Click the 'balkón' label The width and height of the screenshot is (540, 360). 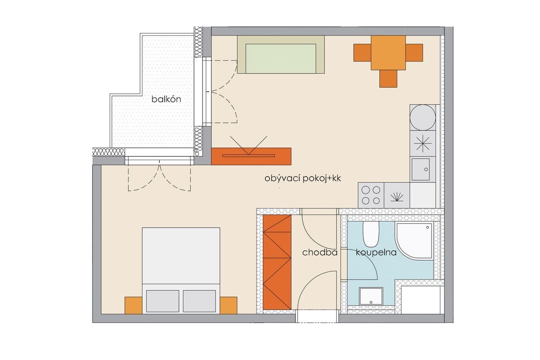click(x=166, y=99)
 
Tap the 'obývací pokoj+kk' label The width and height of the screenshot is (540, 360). click(x=303, y=178)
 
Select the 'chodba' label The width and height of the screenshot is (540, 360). click(x=320, y=252)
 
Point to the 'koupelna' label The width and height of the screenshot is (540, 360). click(x=376, y=252)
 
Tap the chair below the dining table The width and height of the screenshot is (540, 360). click(x=388, y=79)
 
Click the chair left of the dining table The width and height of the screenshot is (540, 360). click(x=362, y=53)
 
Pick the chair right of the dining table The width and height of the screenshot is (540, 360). click(x=414, y=53)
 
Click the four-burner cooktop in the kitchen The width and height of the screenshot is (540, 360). click(x=371, y=195)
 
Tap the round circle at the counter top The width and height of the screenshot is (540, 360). click(x=423, y=118)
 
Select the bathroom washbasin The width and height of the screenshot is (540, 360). click(x=371, y=296)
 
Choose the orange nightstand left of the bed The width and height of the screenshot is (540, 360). click(x=133, y=305)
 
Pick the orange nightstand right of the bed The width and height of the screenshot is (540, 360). click(x=228, y=305)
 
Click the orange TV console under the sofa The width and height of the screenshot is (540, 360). click(x=251, y=156)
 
